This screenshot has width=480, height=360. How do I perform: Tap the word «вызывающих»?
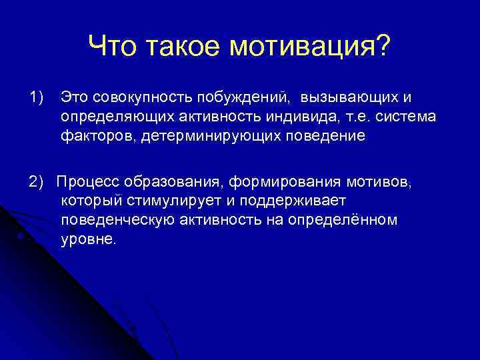point(349,98)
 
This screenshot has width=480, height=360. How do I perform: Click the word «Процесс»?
point(85,182)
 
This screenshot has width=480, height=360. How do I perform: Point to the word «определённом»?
point(351,220)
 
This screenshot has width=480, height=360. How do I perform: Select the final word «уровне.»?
point(88,239)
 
